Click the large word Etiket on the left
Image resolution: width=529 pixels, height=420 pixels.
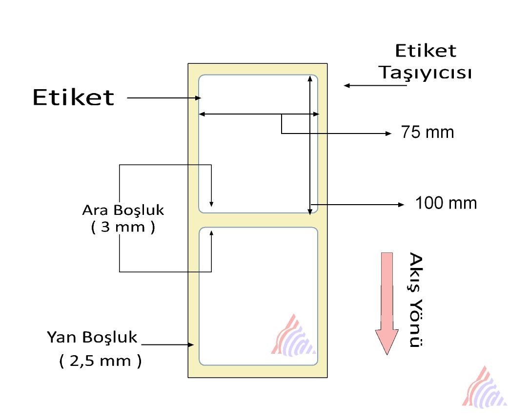(73, 97)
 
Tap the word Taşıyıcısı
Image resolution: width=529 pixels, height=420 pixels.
(426, 73)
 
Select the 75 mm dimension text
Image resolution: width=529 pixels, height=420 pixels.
(427, 132)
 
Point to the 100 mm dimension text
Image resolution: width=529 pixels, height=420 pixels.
(446, 203)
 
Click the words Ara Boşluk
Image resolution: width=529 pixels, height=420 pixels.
(123, 210)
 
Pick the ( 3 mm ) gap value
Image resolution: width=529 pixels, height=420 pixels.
(123, 227)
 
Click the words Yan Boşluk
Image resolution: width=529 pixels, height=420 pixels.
(92, 337)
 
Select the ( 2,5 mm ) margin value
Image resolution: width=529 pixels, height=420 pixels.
(101, 361)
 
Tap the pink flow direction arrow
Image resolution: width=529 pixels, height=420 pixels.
(387, 302)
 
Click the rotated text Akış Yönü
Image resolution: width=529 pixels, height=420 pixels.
(415, 300)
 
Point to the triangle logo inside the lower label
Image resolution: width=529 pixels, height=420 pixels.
(294, 335)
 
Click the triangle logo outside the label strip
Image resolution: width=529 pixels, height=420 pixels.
(484, 387)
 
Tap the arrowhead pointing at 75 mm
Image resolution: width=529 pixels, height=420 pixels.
(389, 133)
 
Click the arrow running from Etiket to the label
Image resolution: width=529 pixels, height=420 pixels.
(164, 98)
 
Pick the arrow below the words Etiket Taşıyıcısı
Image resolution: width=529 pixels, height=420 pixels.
(375, 86)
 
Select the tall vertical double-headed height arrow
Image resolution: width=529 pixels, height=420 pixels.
(309, 145)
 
